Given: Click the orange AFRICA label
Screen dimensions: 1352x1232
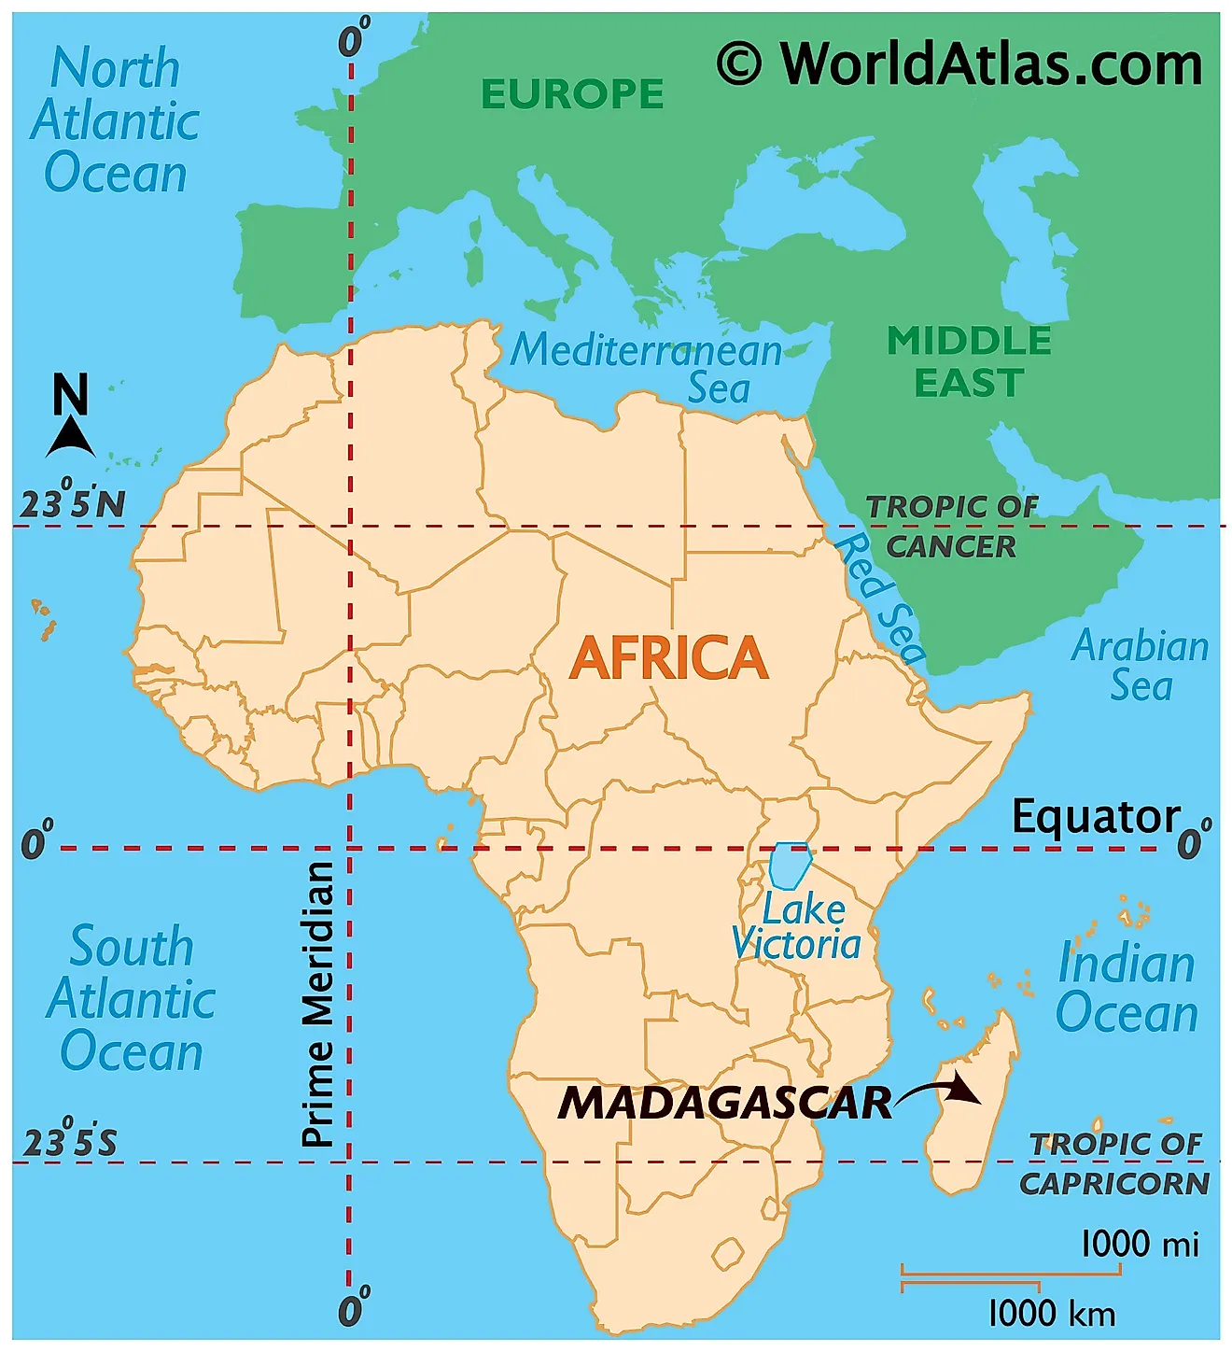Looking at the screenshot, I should pos(668,657).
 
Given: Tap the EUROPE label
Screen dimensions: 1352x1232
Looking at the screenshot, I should pos(572,93).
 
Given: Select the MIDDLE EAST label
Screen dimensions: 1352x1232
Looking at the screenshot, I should pos(969,362).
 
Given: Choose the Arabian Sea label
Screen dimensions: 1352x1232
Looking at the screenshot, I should pos(1140,665).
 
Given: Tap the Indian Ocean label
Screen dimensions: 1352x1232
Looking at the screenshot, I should pos(1127,988).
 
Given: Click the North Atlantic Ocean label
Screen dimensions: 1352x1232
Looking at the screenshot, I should pos(115,121).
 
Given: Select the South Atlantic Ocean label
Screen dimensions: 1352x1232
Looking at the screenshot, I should pos(132,999).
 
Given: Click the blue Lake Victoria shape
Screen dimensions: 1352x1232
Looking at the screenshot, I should pos(790,866).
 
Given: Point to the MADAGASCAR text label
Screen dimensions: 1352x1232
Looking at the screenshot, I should pos(725,1103).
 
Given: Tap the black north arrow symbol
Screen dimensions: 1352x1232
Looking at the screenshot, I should pos(70,437).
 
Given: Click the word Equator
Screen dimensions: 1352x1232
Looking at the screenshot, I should pos(1097,817).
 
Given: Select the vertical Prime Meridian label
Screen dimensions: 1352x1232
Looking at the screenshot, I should pos(318,1004).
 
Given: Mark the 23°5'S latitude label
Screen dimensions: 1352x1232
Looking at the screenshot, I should pos(70,1141).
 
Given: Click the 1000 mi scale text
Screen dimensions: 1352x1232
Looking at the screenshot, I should pos(1139,1244).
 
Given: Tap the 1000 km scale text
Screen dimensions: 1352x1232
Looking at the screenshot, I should pos(1051,1314).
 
